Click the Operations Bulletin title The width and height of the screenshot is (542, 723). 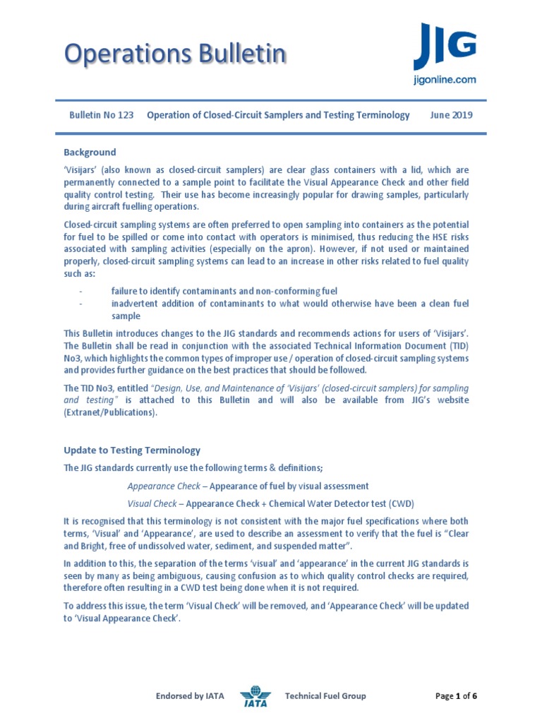pos(175,54)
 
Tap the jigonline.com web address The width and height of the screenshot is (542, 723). pos(444,80)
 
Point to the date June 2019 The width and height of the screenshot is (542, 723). pos(451,115)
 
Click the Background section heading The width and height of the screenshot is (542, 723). pos(90,153)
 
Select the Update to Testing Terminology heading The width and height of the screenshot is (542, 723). pos(132,450)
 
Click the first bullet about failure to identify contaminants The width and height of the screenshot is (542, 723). pos(224,291)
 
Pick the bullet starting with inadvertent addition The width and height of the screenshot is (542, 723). pos(290,304)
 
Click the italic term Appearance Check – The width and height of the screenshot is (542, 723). pos(167,486)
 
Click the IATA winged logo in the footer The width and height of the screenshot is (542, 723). pos(255,696)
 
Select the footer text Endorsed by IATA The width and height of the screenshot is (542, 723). pos(190,696)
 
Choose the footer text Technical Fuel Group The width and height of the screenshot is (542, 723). pos(325,696)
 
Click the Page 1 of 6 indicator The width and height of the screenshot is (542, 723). pos(457,696)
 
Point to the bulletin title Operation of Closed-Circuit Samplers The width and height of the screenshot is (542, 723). pos(278,115)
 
